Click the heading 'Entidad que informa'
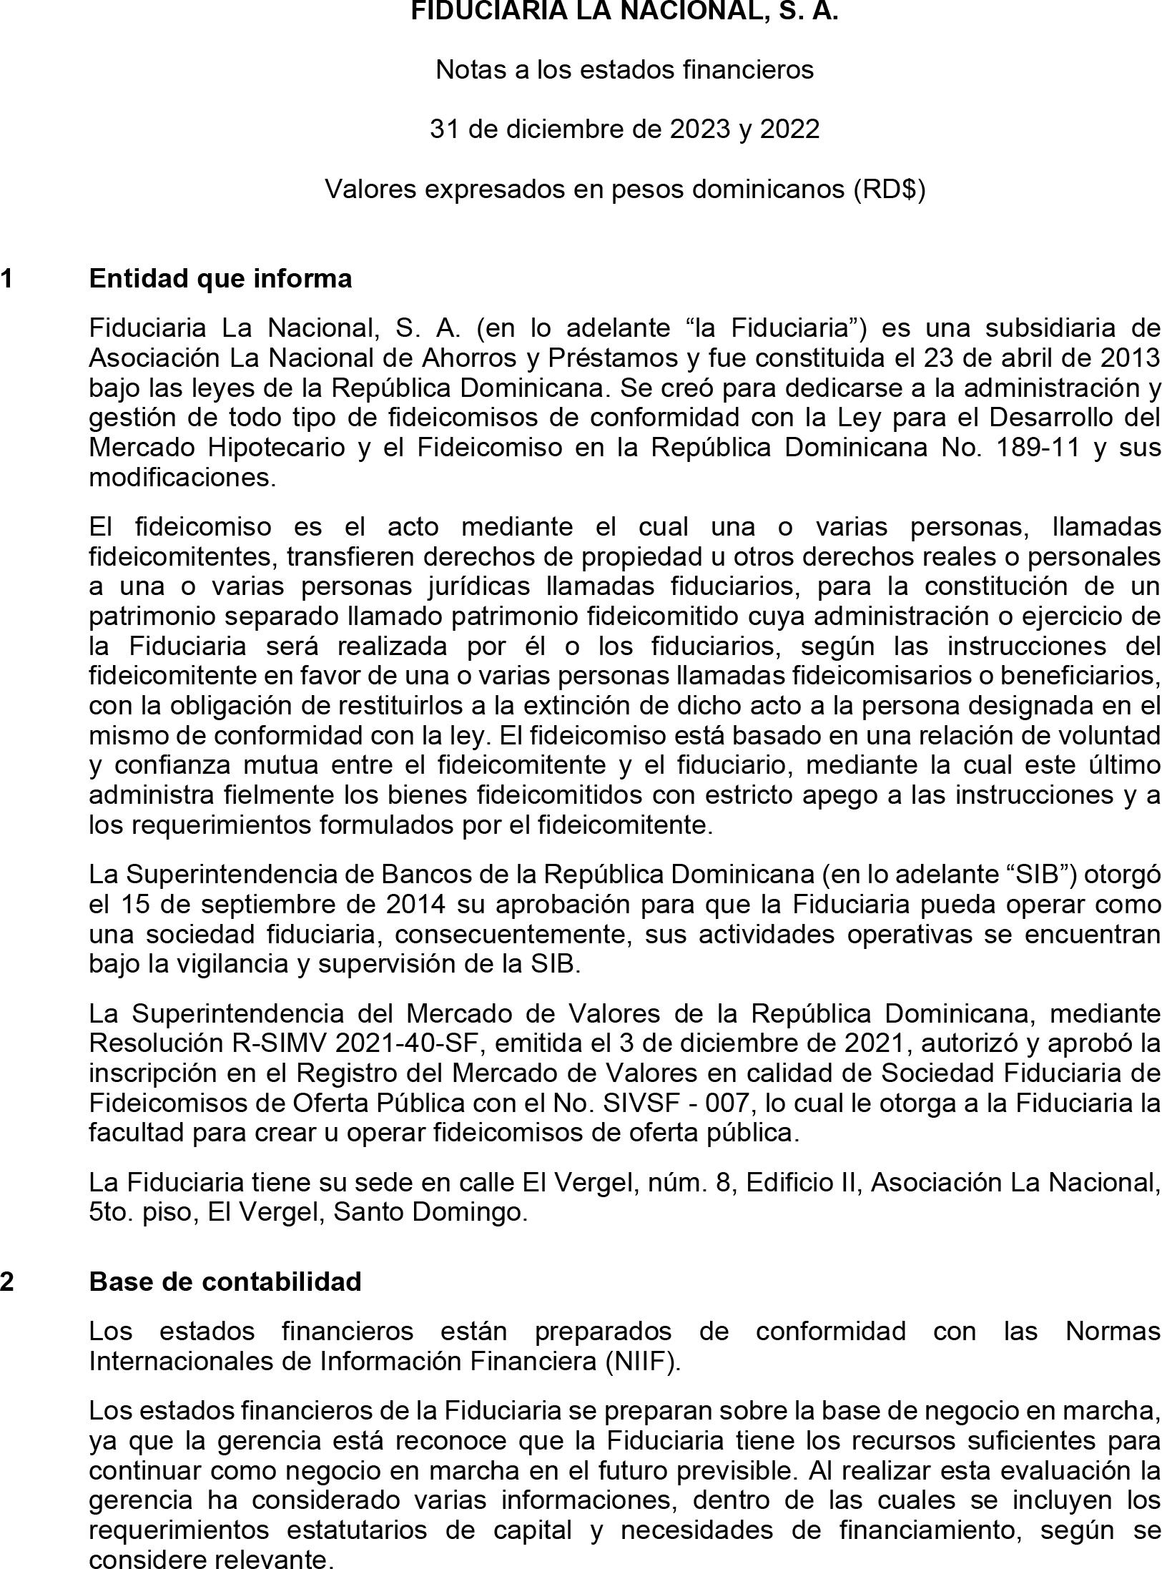220,278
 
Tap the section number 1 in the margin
6,278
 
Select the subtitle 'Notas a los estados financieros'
624,69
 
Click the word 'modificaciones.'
182,477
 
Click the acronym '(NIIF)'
642,1361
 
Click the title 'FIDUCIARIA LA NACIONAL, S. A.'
624,11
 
